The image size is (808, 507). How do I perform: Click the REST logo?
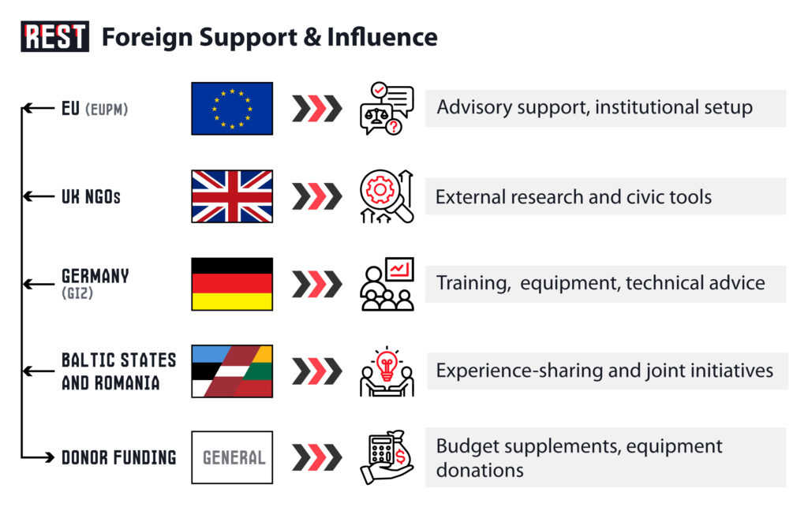point(54,36)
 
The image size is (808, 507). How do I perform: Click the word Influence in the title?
point(382,37)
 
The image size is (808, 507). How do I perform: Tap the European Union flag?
point(232,109)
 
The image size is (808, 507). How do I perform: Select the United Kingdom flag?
point(232,196)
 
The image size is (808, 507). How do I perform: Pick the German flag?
point(232,284)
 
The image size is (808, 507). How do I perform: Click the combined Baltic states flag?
point(232,371)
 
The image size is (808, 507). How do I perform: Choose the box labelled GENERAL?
point(232,457)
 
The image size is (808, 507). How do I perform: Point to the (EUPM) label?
point(107,109)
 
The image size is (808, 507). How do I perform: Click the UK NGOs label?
point(92,196)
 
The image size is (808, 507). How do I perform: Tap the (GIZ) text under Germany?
point(77,293)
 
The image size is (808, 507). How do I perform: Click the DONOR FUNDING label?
point(119,457)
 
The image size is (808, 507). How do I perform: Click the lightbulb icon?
point(387,364)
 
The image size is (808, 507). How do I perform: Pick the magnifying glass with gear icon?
point(385,195)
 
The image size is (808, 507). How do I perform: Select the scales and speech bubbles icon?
point(387,109)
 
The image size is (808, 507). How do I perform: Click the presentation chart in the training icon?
point(399,269)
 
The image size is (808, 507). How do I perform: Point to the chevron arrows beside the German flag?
point(317,284)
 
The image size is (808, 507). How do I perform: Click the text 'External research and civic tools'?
point(574,196)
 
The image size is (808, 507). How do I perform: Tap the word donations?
point(480,471)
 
